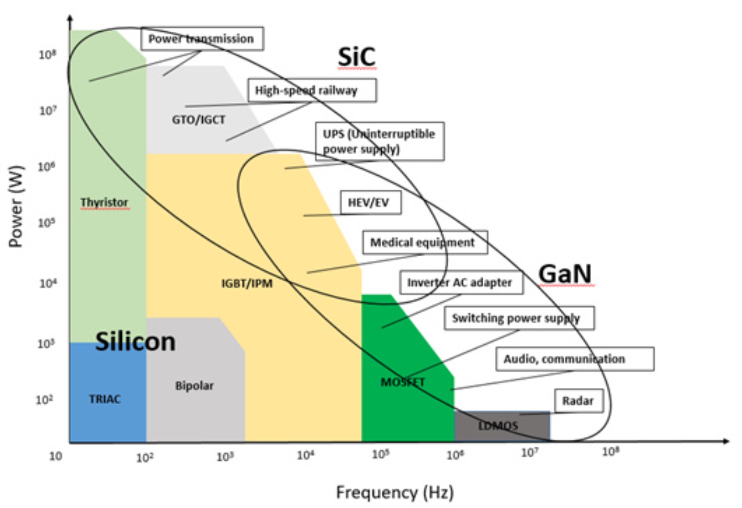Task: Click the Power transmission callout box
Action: pyautogui.click(x=202, y=39)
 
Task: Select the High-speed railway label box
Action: pyautogui.click(x=312, y=90)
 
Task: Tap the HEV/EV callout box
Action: pyautogui.click(x=370, y=203)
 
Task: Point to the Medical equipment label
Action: pyautogui.click(x=424, y=242)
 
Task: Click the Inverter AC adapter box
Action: pyautogui.click(x=461, y=283)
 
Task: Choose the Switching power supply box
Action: pyautogui.click(x=519, y=318)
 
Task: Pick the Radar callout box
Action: pyautogui.click(x=578, y=401)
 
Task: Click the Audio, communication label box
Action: pyautogui.click(x=574, y=359)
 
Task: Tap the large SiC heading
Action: pyautogui.click(x=356, y=57)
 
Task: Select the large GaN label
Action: pyautogui.click(x=565, y=274)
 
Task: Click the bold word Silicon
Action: pyautogui.click(x=135, y=342)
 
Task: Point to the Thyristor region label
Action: pyautogui.click(x=104, y=203)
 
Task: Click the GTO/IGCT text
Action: pyautogui.click(x=199, y=120)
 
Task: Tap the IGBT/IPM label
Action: pyautogui.click(x=247, y=284)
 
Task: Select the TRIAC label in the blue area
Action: pyautogui.click(x=105, y=399)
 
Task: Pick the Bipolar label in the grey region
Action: pyautogui.click(x=194, y=385)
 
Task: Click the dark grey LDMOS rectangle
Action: pyautogui.click(x=501, y=426)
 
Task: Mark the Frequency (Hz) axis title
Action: pyautogui.click(x=395, y=492)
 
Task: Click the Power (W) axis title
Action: pyautogui.click(x=16, y=206)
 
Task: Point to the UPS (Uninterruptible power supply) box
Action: pyautogui.click(x=380, y=141)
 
